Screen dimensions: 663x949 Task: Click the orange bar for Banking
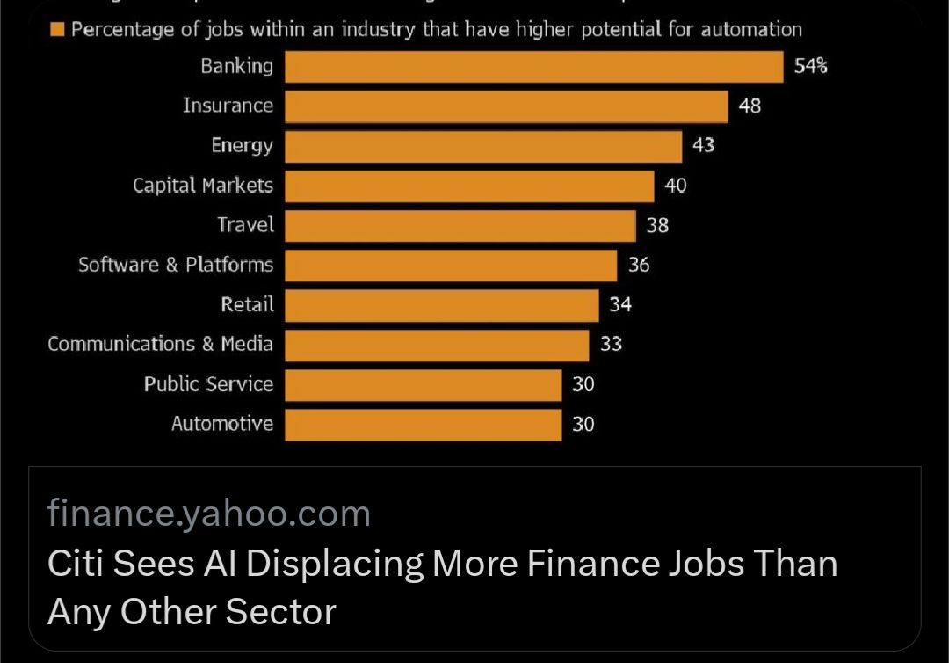(x=533, y=67)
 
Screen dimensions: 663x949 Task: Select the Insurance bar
(x=506, y=106)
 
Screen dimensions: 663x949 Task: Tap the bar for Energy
(x=483, y=146)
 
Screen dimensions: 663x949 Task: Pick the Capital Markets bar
(x=469, y=186)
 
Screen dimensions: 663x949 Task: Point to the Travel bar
(x=460, y=225)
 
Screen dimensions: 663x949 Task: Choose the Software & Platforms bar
(x=451, y=265)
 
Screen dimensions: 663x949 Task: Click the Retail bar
(x=441, y=305)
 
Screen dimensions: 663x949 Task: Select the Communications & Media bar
(x=437, y=345)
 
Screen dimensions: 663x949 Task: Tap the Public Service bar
(x=423, y=384)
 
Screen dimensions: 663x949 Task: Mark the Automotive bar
(x=423, y=424)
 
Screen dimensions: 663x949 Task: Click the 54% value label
(x=810, y=66)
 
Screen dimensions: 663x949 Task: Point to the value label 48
(x=750, y=106)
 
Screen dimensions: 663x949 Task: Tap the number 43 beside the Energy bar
(x=703, y=145)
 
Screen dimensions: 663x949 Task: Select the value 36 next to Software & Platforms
(x=639, y=264)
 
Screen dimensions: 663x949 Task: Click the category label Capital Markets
(x=203, y=186)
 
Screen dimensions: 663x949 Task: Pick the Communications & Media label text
(x=160, y=344)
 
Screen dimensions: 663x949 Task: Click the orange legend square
(x=57, y=29)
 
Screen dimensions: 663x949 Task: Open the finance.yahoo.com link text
(x=209, y=514)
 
